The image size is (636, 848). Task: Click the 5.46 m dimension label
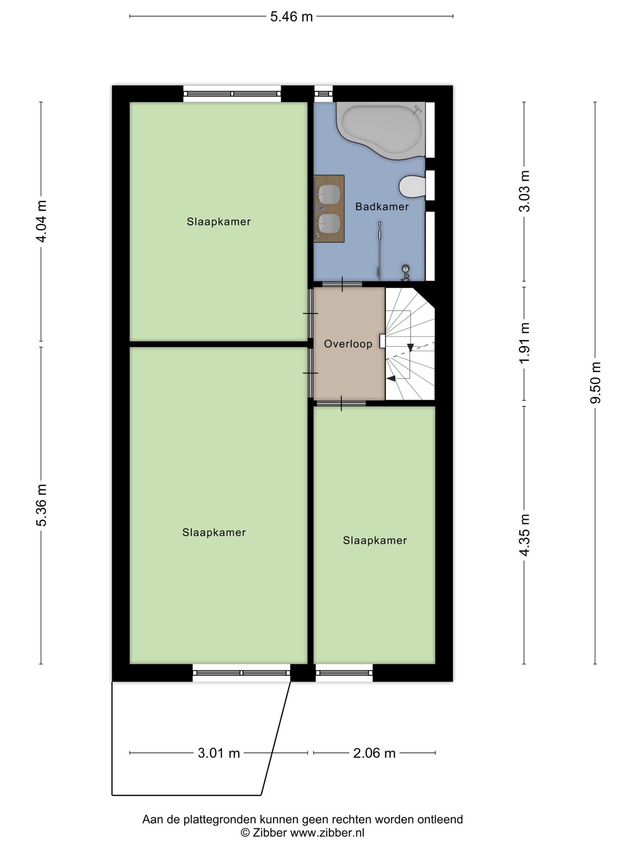291,17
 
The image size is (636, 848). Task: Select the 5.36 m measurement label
41,505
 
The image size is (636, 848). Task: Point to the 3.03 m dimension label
525,191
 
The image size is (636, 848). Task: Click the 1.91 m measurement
525,343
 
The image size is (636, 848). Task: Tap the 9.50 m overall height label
596,383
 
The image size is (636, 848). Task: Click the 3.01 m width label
219,753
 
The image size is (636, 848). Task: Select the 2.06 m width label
374,753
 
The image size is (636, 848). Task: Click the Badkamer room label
382,207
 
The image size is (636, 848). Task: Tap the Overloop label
348,344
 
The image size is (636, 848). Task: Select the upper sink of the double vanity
329,192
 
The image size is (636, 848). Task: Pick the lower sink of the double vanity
329,223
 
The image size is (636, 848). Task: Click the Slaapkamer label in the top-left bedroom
219,222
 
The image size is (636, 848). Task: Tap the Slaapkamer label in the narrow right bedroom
375,541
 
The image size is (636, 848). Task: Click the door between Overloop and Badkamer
342,284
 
